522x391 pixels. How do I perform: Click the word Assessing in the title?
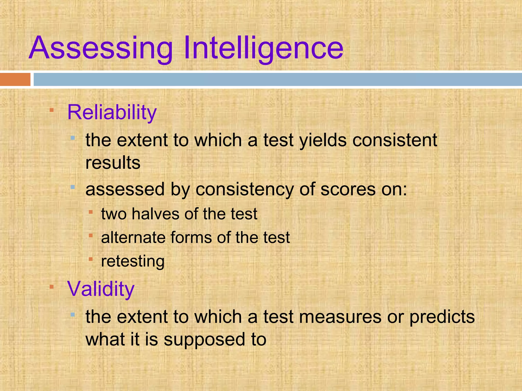pos(101,48)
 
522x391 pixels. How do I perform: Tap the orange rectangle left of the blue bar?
pos(15,79)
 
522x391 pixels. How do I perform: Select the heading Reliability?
pos(112,112)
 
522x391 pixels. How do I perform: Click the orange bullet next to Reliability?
pos(51,110)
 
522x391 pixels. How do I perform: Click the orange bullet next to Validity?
pos(51,287)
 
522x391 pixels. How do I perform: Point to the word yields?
pos(323,141)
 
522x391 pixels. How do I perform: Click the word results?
pos(113,163)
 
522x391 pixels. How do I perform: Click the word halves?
pos(156,214)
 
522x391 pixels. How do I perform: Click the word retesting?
pos(133,261)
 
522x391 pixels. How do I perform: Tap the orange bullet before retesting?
pos(90,259)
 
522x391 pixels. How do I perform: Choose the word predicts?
pos(442,317)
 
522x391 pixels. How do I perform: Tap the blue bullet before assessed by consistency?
pos(73,187)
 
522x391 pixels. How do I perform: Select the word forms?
pos(191,238)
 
